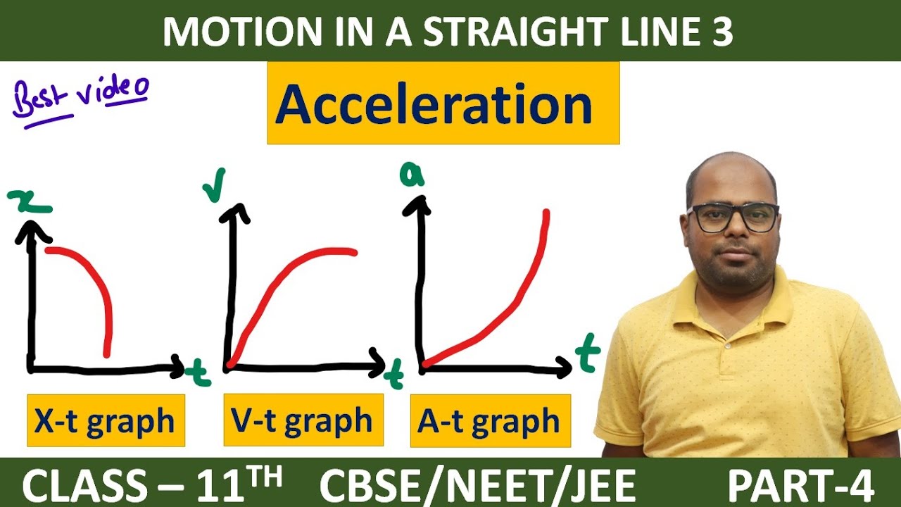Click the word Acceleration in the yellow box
click(x=434, y=105)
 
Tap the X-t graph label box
click(x=106, y=420)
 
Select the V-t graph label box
click(x=303, y=420)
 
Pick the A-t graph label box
click(x=489, y=421)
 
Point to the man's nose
click(x=733, y=236)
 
